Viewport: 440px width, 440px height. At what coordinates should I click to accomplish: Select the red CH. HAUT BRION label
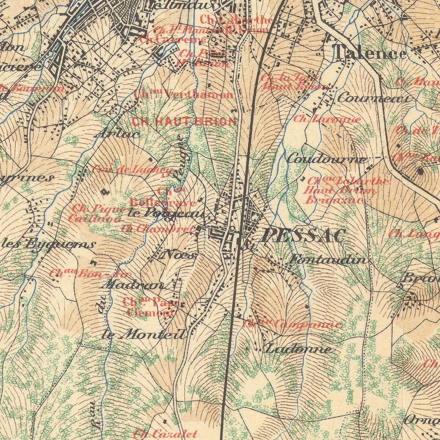pyautogui.click(x=184, y=121)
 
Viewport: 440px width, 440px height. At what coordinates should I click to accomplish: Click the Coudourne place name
pyautogui.click(x=327, y=159)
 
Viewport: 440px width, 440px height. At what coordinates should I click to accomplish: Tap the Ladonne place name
pyautogui.click(x=298, y=349)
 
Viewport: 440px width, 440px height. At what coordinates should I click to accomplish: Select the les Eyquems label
pyautogui.click(x=47, y=244)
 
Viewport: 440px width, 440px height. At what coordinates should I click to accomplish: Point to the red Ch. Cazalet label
pyautogui.click(x=166, y=433)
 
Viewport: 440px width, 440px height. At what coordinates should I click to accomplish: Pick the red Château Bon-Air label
pyautogui.click(x=90, y=273)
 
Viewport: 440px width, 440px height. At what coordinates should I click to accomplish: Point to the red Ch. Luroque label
pyautogui.click(x=327, y=119)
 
